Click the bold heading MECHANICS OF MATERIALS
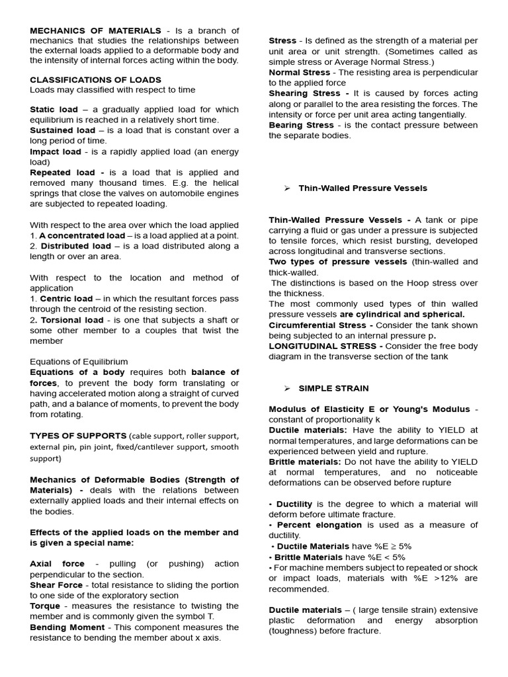pos(95,30)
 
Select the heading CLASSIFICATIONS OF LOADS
pos(95,79)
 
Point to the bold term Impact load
pos(56,151)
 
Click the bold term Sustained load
pos(63,130)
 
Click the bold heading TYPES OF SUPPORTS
pos(78,436)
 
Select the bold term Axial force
pos(58,564)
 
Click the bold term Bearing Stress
pos(301,125)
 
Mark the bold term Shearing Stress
pos(304,93)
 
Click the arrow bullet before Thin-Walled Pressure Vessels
pos(287,188)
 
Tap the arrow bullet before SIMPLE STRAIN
pos(287,388)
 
